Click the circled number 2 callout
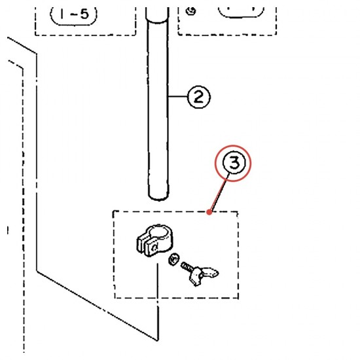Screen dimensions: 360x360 [199, 97]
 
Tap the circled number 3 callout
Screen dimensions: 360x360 [234, 163]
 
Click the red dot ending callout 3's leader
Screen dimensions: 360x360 [209, 212]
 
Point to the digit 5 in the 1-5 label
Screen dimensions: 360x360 [84, 14]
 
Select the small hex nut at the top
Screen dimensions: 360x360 [190, 11]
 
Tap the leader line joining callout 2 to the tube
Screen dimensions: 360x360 [178, 96]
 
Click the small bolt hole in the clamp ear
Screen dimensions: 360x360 [154, 247]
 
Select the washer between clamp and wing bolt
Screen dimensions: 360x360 [174, 259]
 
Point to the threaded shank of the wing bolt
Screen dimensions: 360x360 [187, 267]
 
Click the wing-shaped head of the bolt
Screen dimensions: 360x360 [203, 276]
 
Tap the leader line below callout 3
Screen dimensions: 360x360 [220, 192]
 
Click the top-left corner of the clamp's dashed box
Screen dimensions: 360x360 [113, 211]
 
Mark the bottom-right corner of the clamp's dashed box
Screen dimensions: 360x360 [238, 298]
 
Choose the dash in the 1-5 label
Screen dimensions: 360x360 [74, 14]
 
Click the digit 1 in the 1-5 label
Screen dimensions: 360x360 [62, 14]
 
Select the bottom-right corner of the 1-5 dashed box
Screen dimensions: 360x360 [135, 35]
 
